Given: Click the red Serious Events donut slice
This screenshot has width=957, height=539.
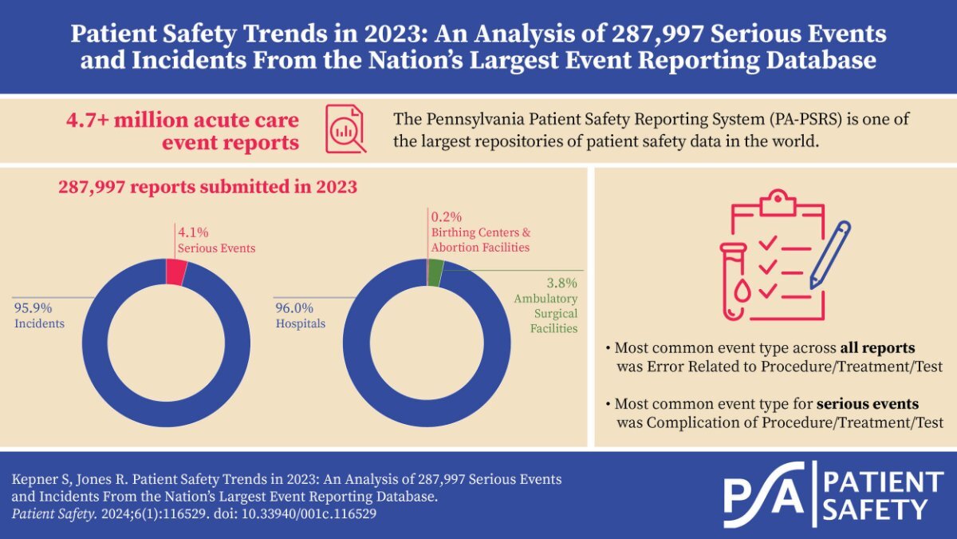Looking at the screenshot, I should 176,272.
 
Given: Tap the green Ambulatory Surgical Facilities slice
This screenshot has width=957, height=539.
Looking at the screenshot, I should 435,273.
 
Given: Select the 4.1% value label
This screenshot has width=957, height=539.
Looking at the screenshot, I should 192,233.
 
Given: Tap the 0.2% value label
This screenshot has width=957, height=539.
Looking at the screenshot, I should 447,216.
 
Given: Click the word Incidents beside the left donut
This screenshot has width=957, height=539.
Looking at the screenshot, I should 39,323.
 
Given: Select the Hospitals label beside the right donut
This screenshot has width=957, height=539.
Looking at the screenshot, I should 301,323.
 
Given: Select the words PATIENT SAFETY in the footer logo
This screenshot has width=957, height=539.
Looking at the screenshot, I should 881,495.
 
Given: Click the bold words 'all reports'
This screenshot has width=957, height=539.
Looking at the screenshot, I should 876,349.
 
